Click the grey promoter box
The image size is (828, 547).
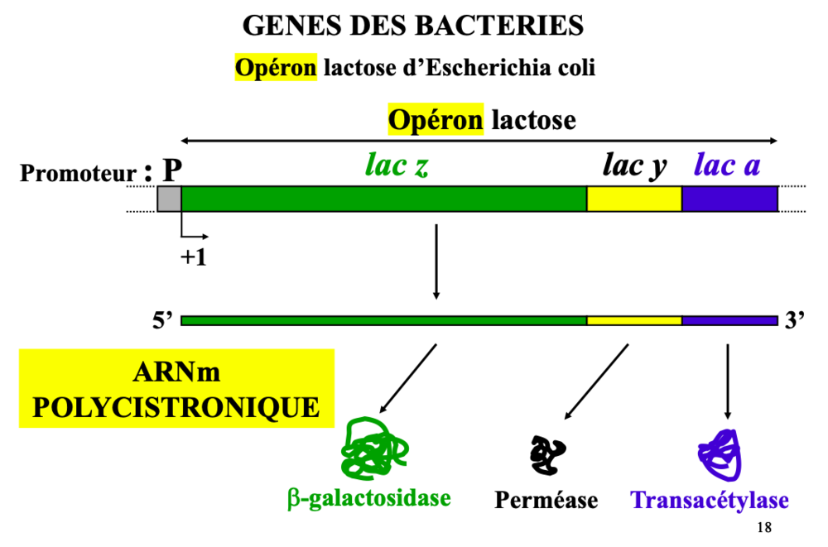pyautogui.click(x=169, y=199)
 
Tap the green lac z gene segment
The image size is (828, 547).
pyautogui.click(x=383, y=199)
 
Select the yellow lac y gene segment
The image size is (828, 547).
pyautogui.click(x=633, y=199)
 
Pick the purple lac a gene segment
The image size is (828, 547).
pyautogui.click(x=729, y=199)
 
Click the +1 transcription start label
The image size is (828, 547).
pyautogui.click(x=193, y=257)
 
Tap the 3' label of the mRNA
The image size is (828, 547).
pyautogui.click(x=795, y=321)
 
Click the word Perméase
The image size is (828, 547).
pyautogui.click(x=546, y=501)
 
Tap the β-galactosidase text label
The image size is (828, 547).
pyautogui.click(x=368, y=497)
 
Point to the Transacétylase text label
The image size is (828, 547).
pyautogui.click(x=710, y=501)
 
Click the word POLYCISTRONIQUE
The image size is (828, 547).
pyautogui.click(x=176, y=407)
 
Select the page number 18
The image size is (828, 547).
pyautogui.click(x=763, y=528)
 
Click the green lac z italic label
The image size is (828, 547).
pyautogui.click(x=396, y=166)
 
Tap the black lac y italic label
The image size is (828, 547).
pyautogui.click(x=634, y=166)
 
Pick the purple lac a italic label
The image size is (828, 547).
pyautogui.click(x=727, y=166)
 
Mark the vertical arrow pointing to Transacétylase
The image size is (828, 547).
pyautogui.click(x=728, y=381)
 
